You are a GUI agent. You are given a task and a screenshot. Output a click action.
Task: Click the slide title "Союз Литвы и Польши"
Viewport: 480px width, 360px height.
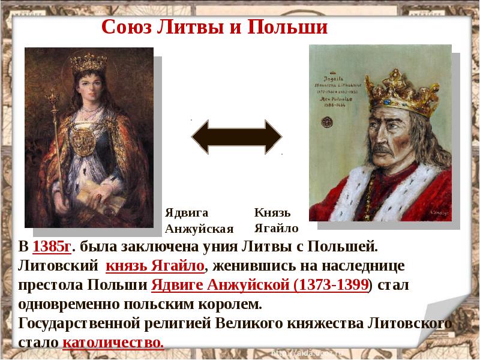pos(215,27)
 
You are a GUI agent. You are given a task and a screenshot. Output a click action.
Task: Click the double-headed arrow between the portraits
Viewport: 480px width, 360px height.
pos(236,136)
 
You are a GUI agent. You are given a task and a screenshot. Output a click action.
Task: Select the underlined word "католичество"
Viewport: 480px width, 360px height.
pos(112,343)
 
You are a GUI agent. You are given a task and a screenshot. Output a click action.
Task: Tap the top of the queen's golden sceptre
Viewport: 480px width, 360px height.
pos(53,96)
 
